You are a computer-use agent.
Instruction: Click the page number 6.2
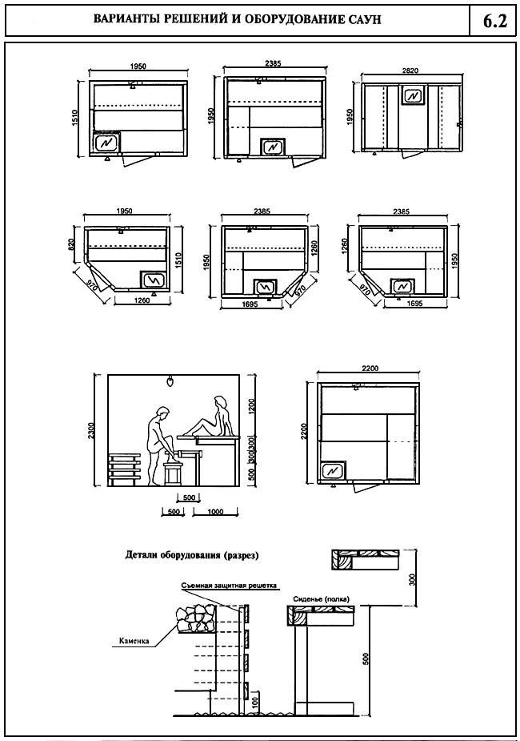pos(495,21)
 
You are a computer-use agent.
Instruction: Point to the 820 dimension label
pos(71,242)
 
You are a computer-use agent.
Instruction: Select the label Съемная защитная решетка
pos(229,586)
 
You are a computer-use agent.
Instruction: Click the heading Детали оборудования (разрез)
pos(193,554)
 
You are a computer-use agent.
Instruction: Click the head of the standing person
pos(162,413)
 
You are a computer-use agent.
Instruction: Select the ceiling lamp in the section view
pos(170,381)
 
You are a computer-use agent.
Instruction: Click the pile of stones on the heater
pos(194,620)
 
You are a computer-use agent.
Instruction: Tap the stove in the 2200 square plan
pos(332,470)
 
